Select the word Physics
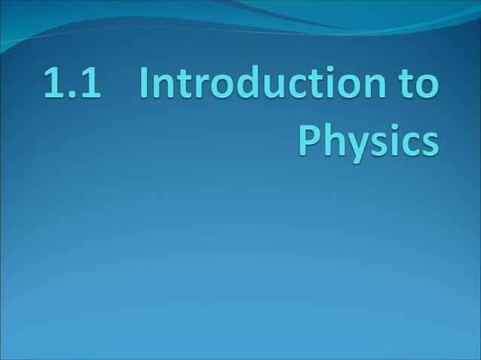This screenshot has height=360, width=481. tap(366, 141)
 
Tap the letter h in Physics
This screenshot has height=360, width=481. tap(332, 140)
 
